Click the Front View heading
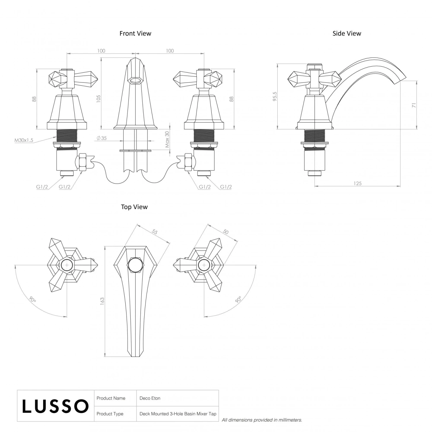pos(135,33)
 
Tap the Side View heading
pos(347,33)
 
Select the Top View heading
pos(134,207)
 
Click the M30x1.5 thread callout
pos(24,140)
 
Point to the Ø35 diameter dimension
pos(102,138)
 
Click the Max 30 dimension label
pos(167,139)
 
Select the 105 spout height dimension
pos(98,99)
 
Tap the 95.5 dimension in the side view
pos(275,96)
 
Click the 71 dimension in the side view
pos(414,105)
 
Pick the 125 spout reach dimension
pos(357,183)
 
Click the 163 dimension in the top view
pos(102,301)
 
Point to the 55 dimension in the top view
pos(155,232)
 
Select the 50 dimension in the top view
pos(226,232)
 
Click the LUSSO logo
pos(55,406)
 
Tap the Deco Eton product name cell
pos(150,398)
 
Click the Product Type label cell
pos(110,414)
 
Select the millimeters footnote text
pos(262,420)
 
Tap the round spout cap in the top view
pos(135,265)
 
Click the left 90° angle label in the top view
pos(33,300)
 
